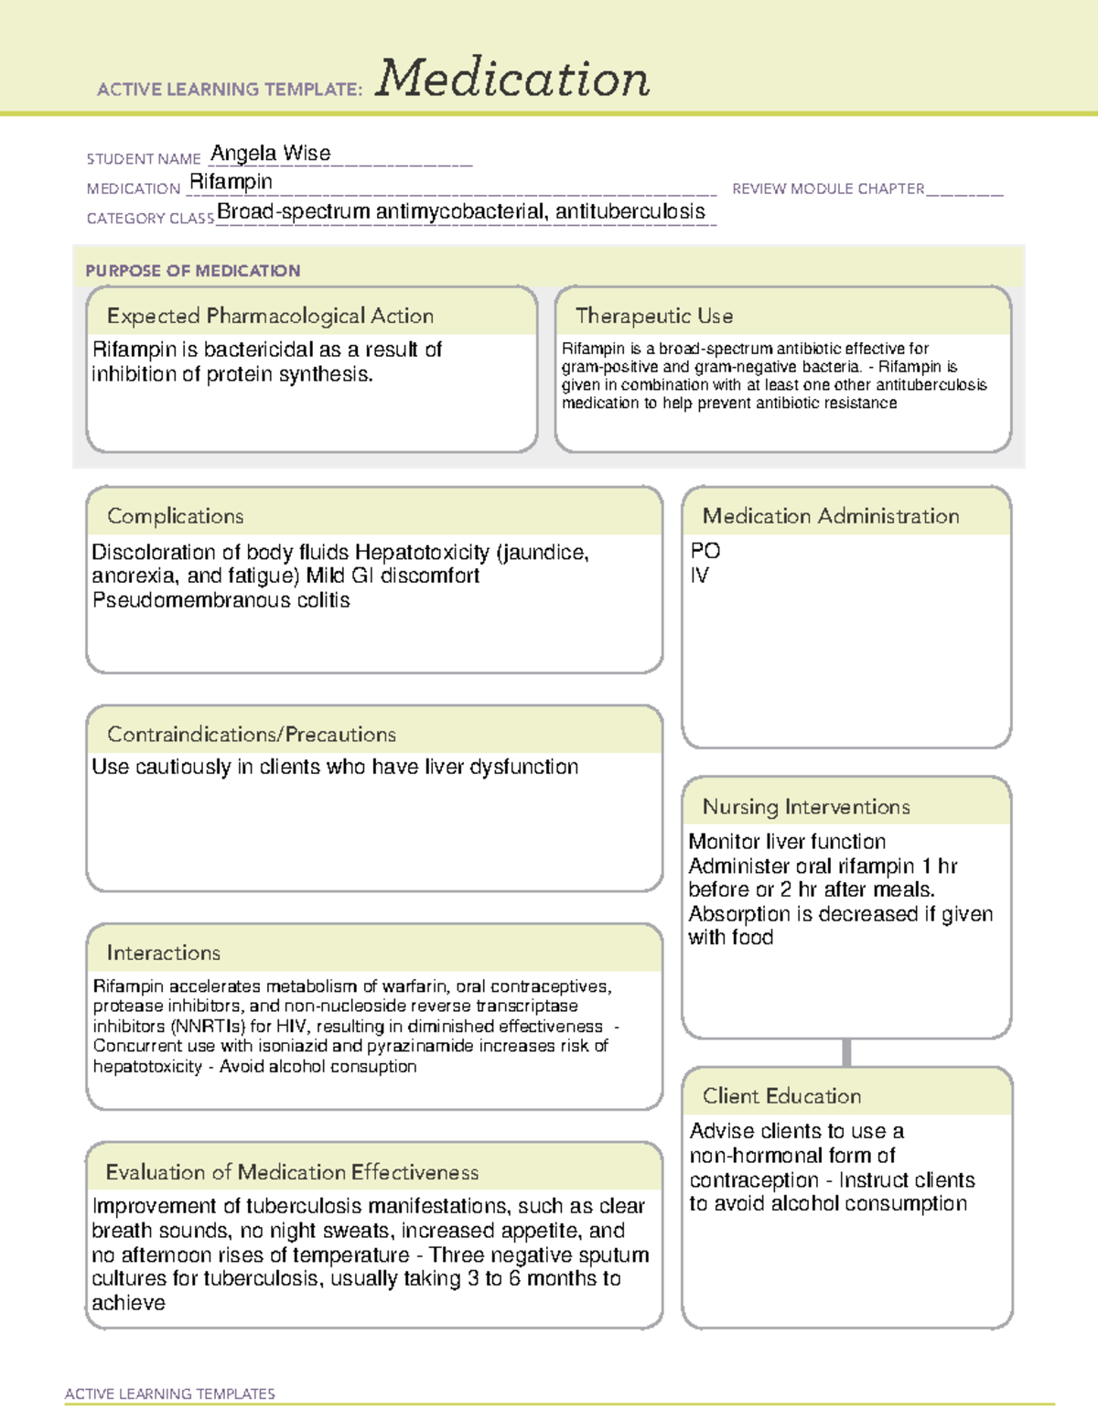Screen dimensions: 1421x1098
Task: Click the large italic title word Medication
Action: click(x=512, y=79)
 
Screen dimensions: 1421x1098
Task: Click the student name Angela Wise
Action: click(x=271, y=154)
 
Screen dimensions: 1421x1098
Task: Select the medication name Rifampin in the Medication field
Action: click(x=231, y=182)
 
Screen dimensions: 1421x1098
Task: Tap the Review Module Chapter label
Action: click(x=827, y=188)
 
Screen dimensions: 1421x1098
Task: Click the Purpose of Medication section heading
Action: click(x=192, y=271)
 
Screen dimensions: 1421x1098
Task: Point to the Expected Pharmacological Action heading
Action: click(x=270, y=316)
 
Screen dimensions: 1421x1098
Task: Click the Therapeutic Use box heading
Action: click(x=653, y=316)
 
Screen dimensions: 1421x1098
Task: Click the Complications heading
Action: click(x=175, y=516)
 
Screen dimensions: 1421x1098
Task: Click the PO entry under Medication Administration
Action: click(x=705, y=551)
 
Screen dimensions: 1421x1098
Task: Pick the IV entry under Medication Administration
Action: click(x=699, y=576)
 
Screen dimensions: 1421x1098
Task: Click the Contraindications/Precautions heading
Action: click(x=251, y=734)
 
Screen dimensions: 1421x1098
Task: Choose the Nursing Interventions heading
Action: click(x=805, y=806)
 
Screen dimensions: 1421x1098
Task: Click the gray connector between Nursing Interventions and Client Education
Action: click(x=846, y=1052)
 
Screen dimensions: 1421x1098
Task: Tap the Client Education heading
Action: click(x=781, y=1095)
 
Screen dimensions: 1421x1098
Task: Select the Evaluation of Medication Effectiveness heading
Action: click(x=292, y=1172)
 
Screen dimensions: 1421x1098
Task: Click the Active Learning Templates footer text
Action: click(x=169, y=1394)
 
